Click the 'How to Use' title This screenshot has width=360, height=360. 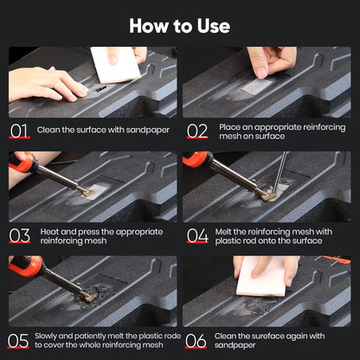pyautogui.click(x=180, y=25)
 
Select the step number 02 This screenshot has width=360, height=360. pyautogui.click(x=196, y=131)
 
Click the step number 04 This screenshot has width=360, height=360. pyautogui.click(x=196, y=235)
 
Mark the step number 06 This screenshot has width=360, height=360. pyautogui.click(x=196, y=340)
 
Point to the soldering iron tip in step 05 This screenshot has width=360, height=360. pyautogui.click(x=87, y=297)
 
